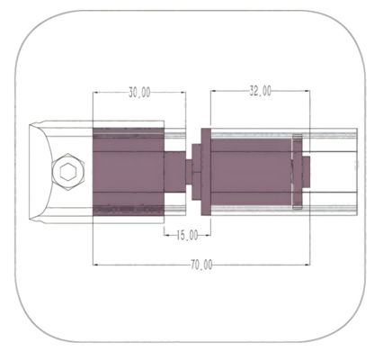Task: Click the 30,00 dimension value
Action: click(139, 92)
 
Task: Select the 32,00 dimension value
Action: click(260, 91)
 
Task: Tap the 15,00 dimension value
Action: click(186, 236)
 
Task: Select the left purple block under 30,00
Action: click(129, 171)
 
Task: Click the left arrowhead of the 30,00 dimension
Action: click(95, 92)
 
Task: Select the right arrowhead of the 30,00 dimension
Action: click(183, 92)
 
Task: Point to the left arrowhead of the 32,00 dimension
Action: click(211, 91)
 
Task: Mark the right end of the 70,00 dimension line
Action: click(308, 265)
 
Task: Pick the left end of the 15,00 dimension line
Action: click(165, 236)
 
